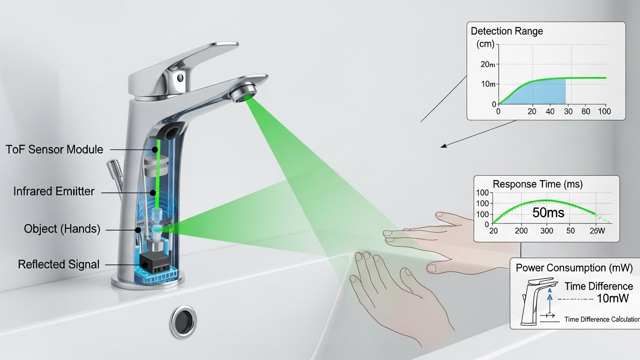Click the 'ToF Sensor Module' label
(x=54, y=150)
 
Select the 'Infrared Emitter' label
(x=53, y=191)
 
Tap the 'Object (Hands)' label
(x=62, y=229)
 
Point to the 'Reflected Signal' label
(x=59, y=264)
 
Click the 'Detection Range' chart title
(x=506, y=31)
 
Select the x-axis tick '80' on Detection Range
(x=586, y=112)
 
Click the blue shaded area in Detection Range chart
(x=544, y=94)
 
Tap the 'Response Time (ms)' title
(x=537, y=184)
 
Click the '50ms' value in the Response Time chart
(x=548, y=212)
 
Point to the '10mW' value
(x=612, y=298)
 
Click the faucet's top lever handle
(x=188, y=61)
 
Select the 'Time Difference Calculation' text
(x=602, y=319)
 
